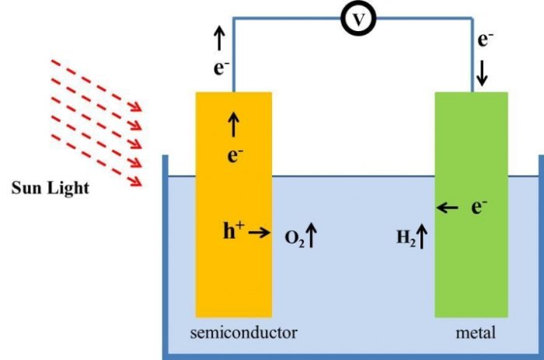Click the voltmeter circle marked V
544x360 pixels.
coord(357,21)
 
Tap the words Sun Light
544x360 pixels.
coord(51,187)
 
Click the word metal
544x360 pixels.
coord(476,334)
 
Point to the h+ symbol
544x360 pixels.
coord(234,231)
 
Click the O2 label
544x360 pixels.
coord(293,237)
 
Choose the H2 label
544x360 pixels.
coord(406,237)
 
